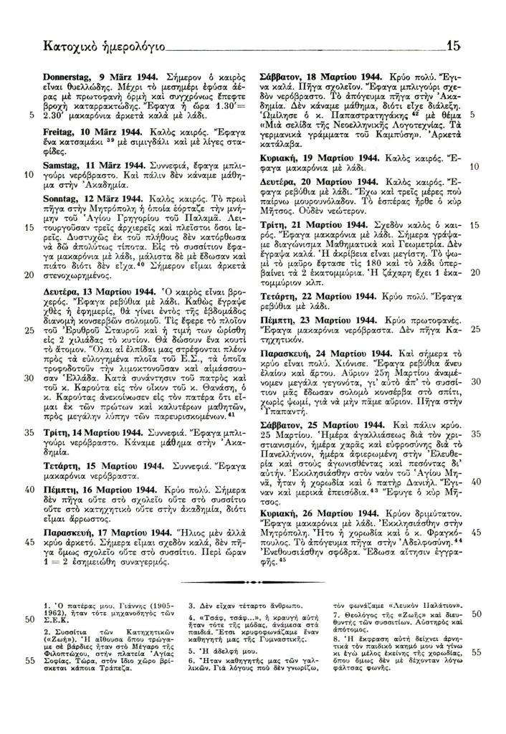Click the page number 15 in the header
point(453,47)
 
